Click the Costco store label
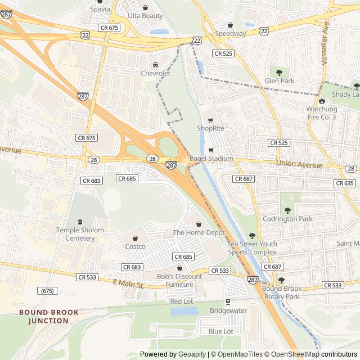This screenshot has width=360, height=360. click(x=135, y=246)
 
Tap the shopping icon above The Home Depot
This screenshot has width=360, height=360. click(x=199, y=224)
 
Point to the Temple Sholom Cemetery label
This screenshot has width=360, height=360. click(x=80, y=234)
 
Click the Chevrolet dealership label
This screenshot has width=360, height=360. click(x=155, y=73)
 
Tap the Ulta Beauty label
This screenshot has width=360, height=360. click(x=145, y=16)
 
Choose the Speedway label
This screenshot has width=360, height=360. click(x=231, y=33)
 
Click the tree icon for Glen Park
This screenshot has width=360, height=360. click(x=280, y=72)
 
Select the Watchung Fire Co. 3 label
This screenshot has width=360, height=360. click(x=322, y=112)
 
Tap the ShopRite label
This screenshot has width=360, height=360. click(x=211, y=128)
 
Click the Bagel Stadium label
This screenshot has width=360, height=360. click(x=211, y=159)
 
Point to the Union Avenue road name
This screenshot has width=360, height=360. click(x=299, y=164)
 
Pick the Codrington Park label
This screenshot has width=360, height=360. click(x=287, y=218)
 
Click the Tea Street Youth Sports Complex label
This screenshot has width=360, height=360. click(x=252, y=248)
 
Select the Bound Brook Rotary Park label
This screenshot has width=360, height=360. click(x=281, y=292)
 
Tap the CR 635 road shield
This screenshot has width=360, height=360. click(x=345, y=183)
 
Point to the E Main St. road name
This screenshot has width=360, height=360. click(x=129, y=285)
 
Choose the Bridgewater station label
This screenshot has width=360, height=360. click(x=228, y=310)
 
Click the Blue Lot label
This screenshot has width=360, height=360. click(x=220, y=331)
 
